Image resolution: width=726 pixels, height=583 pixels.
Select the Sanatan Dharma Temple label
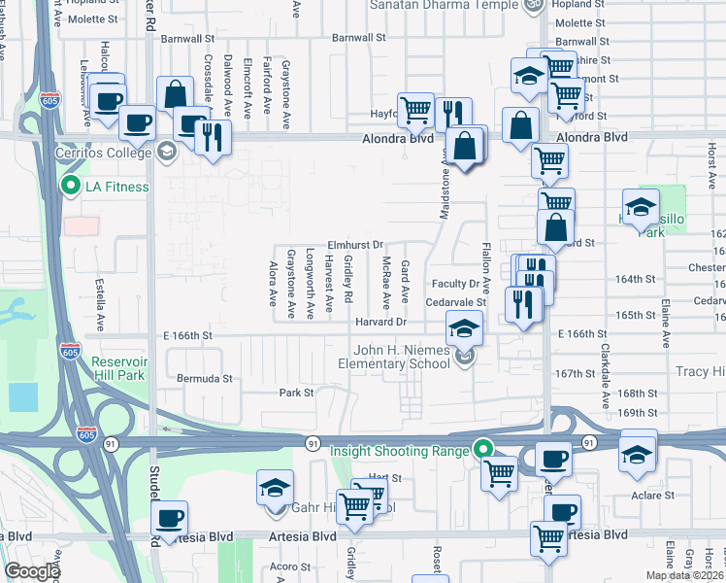(x=443, y=5)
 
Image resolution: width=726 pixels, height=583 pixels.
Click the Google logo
(x=32, y=571)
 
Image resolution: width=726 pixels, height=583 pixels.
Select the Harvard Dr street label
(x=379, y=322)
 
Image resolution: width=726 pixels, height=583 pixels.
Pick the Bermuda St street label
(x=205, y=378)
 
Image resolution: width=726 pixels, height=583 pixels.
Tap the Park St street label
(x=296, y=394)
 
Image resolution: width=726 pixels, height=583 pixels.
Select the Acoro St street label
(x=289, y=566)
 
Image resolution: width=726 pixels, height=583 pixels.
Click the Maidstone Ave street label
(x=446, y=188)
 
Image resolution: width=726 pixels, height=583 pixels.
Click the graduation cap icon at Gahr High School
(x=276, y=489)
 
